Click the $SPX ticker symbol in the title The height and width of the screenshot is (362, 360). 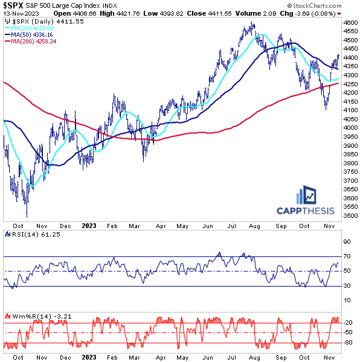tap(13, 5)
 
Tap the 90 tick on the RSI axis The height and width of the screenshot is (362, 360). tap(347, 241)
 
